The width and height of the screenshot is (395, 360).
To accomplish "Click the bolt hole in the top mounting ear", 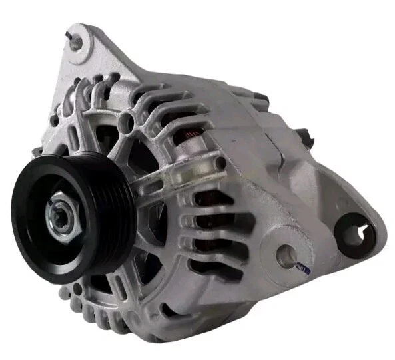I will point(77,42).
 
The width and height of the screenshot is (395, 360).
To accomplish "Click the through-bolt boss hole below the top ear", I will point(127,121).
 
